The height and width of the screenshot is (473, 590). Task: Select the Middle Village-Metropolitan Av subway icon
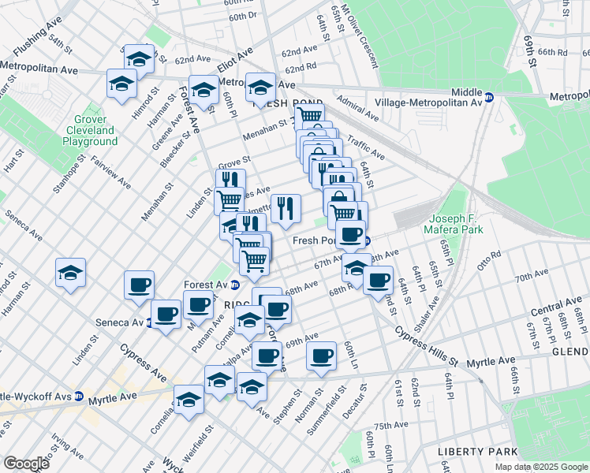(x=489, y=98)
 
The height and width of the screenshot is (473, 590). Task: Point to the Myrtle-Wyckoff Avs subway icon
(x=79, y=396)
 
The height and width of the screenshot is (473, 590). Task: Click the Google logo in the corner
(x=26, y=464)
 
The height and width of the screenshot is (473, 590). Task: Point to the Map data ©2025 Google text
(x=541, y=467)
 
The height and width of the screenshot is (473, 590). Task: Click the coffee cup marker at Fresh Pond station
(x=349, y=233)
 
